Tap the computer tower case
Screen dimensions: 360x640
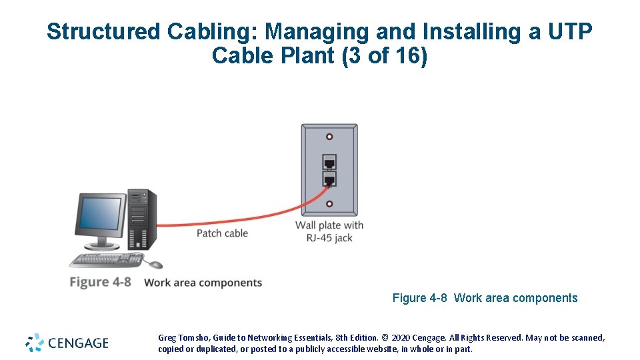pos(142,219)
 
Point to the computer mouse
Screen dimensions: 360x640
pos(155,265)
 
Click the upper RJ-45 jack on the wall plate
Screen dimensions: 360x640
pos(329,161)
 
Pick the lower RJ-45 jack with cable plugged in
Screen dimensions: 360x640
pos(329,179)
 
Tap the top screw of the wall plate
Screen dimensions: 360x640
pos(329,137)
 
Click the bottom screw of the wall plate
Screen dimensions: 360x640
pos(329,204)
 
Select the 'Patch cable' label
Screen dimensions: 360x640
pos(222,233)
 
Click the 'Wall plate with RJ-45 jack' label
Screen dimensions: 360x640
pos(329,231)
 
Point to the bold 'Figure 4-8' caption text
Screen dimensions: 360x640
pos(100,282)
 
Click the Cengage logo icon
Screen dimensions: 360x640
pos(35,343)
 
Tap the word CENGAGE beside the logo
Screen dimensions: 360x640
pos(77,343)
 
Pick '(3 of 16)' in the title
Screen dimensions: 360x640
pos(384,56)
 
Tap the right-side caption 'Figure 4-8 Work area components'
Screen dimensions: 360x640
pos(485,298)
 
